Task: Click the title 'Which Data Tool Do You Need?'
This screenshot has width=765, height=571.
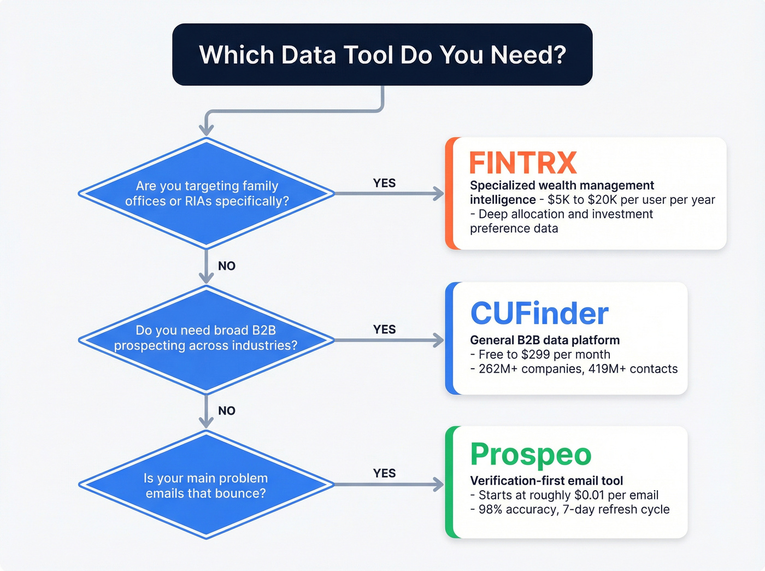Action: point(382,55)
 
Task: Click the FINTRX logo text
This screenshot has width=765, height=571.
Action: point(523,163)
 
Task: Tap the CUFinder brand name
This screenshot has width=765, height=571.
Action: point(539,314)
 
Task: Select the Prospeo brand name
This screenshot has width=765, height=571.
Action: point(531,454)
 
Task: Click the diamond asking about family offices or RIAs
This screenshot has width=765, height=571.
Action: point(207,193)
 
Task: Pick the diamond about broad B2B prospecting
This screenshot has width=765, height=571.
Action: point(206,338)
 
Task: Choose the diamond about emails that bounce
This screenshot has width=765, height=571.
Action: point(206,485)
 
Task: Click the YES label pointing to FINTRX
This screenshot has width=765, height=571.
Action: point(384,183)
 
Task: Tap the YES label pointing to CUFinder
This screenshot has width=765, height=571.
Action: point(384,329)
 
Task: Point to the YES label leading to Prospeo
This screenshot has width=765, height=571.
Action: point(384,473)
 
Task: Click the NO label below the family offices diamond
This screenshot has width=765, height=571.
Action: point(226,266)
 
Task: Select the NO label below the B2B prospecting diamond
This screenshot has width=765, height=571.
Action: point(226,411)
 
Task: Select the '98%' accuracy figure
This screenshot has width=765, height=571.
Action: point(491,510)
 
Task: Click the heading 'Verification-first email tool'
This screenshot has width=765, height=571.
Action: point(546,481)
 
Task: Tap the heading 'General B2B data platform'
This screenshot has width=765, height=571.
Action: point(545,340)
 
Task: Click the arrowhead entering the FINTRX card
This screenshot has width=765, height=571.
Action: point(439,193)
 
